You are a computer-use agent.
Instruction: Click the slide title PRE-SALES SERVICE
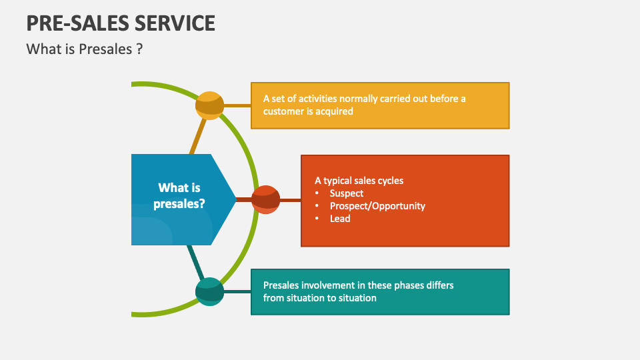point(121,23)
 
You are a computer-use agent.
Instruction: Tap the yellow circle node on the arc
point(210,105)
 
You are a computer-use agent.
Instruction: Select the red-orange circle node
point(266,200)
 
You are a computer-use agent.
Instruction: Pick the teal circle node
point(210,291)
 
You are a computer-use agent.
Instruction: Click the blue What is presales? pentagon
point(179,196)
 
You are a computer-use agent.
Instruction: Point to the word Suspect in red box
point(347,193)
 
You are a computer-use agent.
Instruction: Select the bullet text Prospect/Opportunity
point(377,206)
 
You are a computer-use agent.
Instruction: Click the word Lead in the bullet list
point(340,219)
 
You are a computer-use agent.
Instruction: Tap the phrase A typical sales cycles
point(359,181)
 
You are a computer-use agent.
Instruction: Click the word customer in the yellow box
point(283,111)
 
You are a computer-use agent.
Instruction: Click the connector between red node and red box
point(291,200)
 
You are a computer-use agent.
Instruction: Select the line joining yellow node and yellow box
point(237,105)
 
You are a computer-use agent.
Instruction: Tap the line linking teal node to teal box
point(237,291)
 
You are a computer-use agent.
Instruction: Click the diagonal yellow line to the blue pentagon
point(198,137)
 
